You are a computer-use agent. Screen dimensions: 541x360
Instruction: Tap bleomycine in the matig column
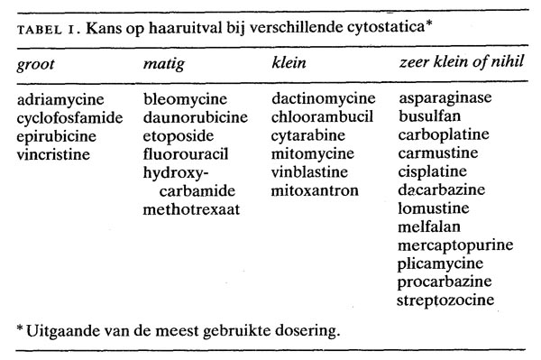tap(185, 98)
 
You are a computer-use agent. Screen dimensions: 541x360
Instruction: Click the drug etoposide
tap(179, 135)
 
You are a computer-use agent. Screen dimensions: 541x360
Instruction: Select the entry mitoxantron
tap(314, 190)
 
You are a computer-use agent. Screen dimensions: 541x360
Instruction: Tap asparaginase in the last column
tap(445, 98)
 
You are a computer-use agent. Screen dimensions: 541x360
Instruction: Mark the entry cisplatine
tap(433, 172)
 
